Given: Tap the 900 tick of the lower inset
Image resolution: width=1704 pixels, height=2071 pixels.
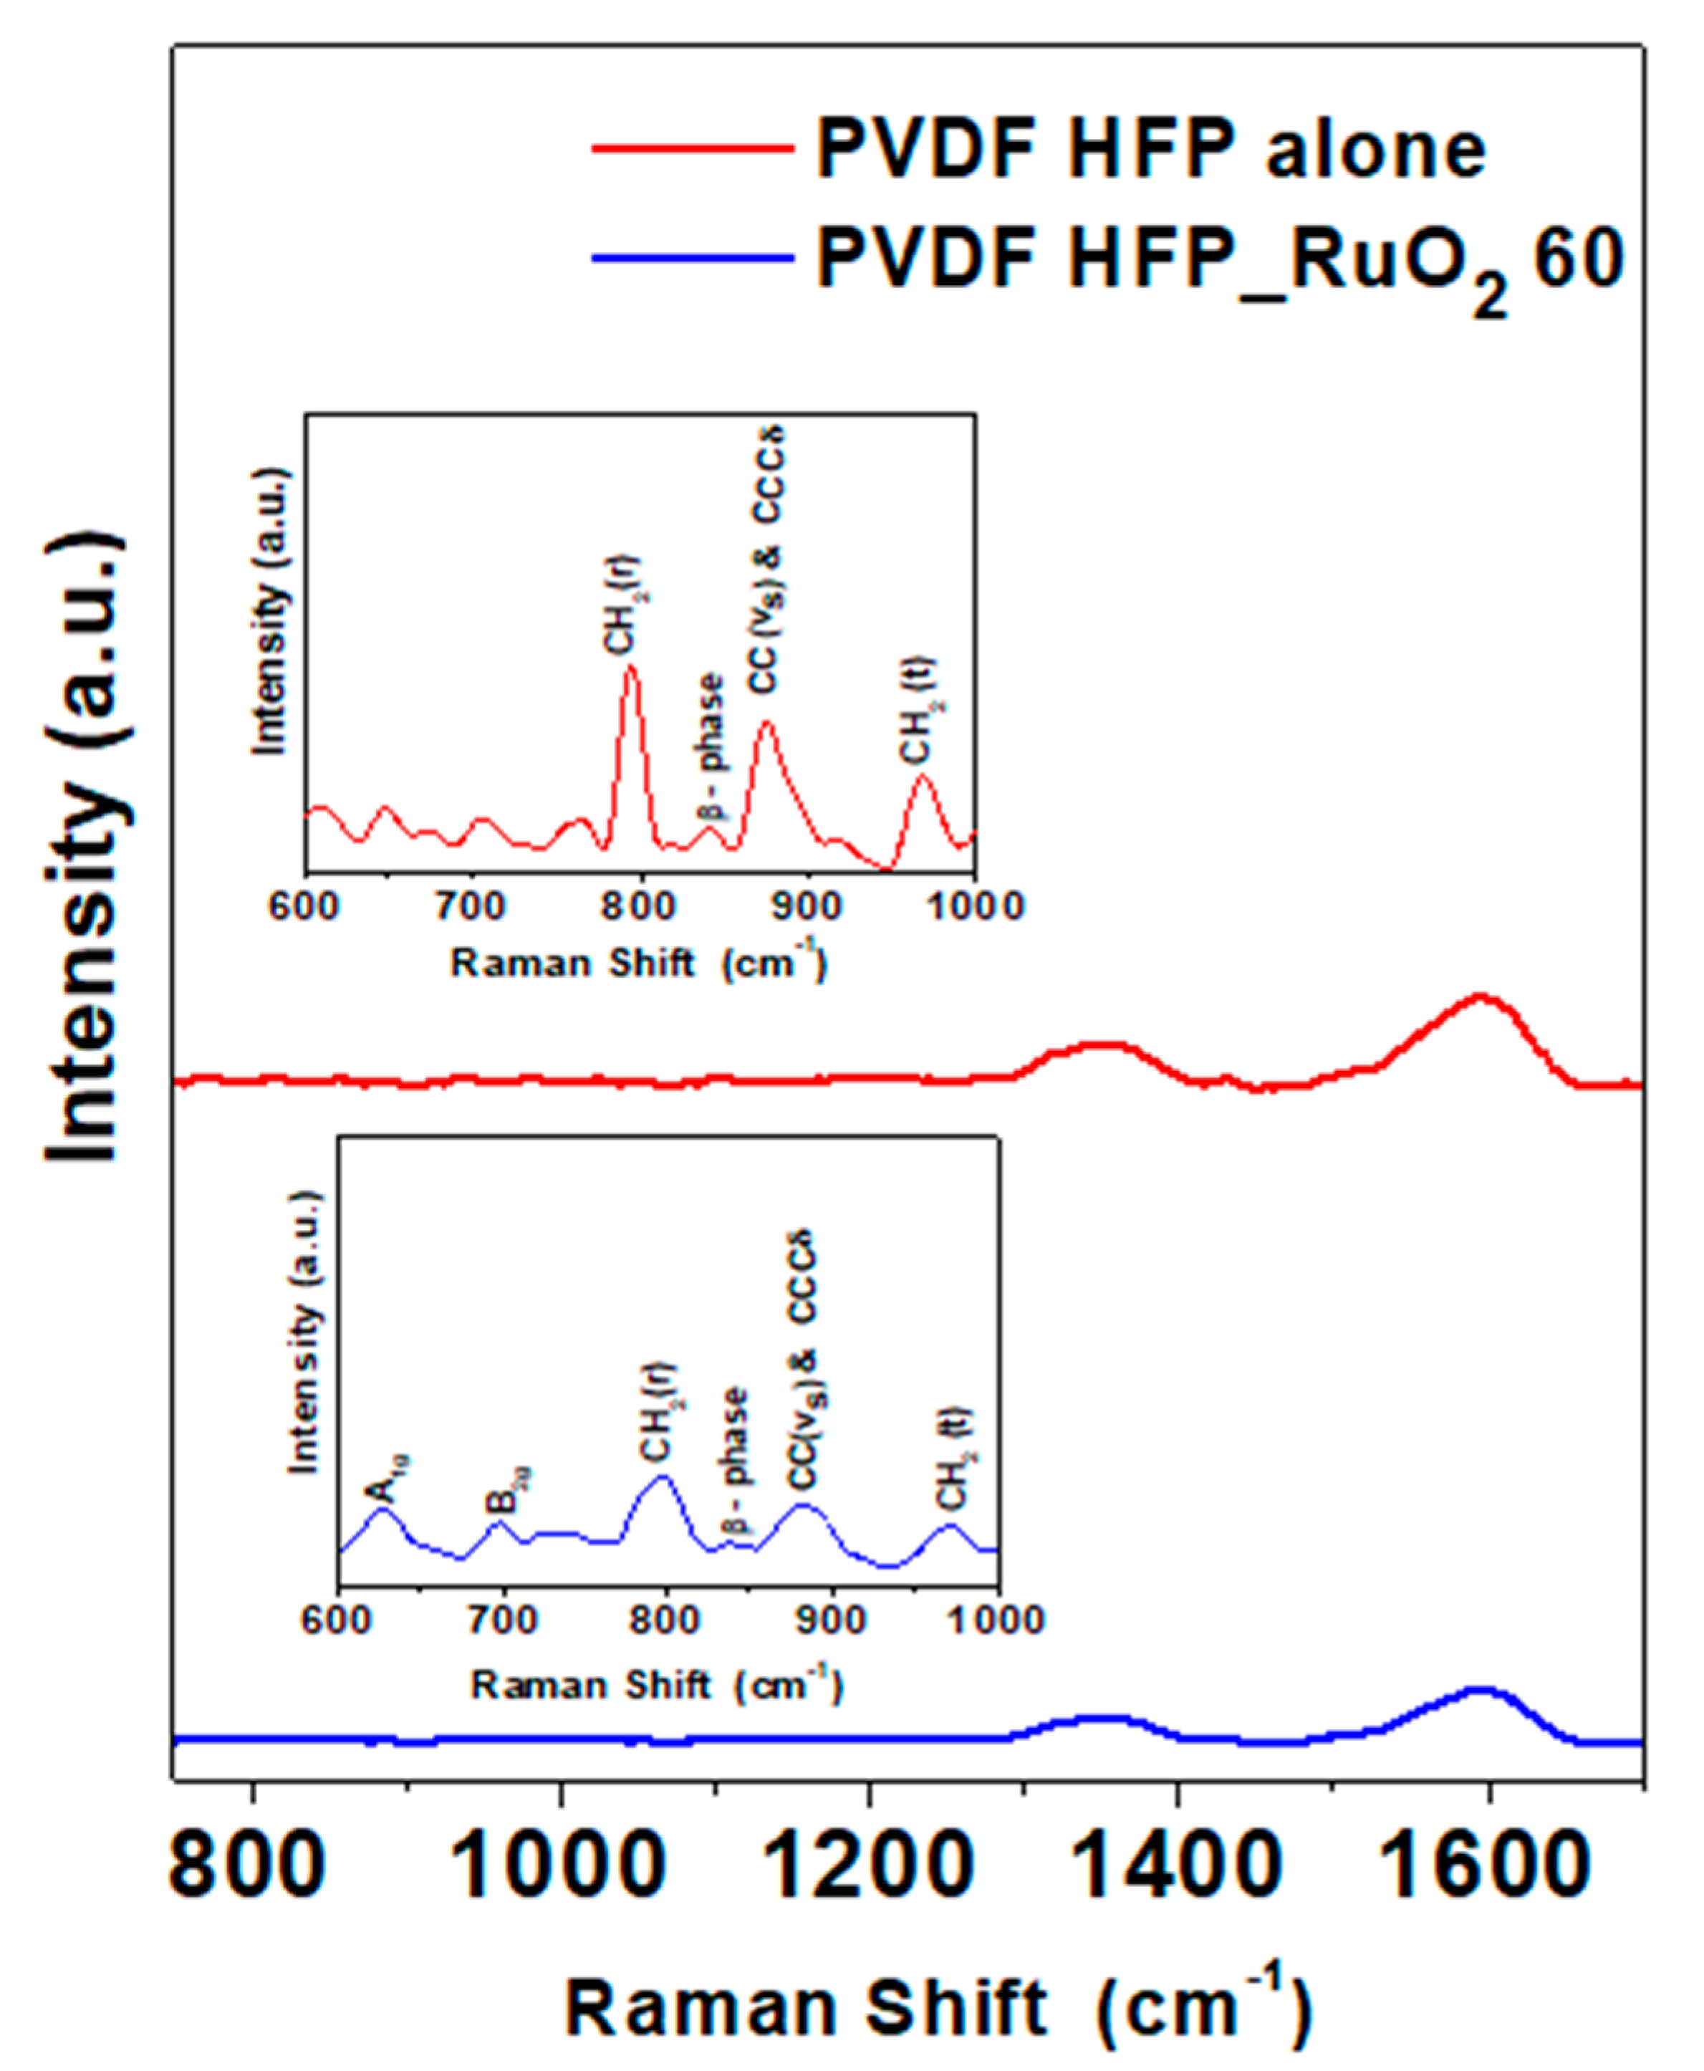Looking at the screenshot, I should coord(832,1618).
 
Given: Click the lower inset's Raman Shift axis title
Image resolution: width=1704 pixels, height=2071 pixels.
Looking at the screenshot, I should coord(657,1686).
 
